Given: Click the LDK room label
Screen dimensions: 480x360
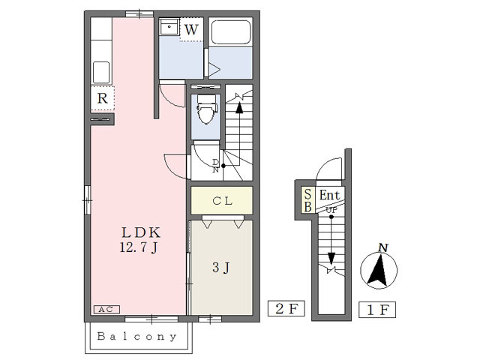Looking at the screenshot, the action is [x=141, y=232].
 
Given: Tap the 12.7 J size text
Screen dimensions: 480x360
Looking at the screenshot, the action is [x=139, y=247].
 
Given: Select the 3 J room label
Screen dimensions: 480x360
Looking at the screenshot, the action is [x=221, y=268].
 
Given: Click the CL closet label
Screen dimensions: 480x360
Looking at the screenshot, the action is [x=223, y=201].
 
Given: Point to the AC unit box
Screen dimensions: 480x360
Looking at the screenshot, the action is [x=106, y=309].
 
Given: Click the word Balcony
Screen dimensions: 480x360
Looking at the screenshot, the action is [x=137, y=337].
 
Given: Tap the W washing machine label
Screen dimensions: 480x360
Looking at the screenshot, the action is [x=192, y=30].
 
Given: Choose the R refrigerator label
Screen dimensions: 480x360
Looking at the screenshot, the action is [x=103, y=98].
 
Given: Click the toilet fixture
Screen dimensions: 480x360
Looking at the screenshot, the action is [x=206, y=109].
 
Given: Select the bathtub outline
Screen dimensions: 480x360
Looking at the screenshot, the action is [x=231, y=32].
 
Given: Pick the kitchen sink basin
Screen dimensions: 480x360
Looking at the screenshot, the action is [x=101, y=73].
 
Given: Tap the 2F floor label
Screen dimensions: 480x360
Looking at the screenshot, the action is [x=286, y=308].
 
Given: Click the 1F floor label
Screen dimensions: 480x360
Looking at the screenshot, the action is [x=377, y=310].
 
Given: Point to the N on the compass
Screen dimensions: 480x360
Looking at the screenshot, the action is [x=383, y=247].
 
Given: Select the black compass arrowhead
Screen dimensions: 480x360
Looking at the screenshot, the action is [x=378, y=270].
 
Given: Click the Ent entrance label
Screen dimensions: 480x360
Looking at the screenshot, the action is [x=329, y=195].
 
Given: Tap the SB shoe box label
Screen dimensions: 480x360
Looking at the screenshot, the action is [x=308, y=200].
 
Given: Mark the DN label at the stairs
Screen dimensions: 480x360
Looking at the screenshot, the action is [x=216, y=166].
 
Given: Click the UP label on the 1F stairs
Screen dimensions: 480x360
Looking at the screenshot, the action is [x=331, y=211].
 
